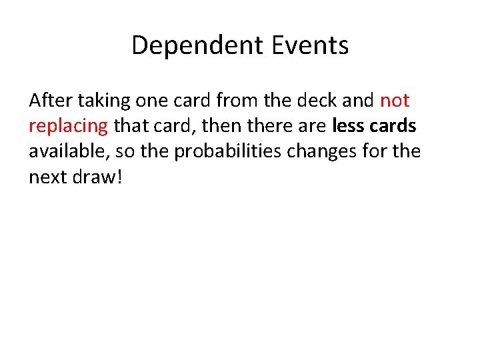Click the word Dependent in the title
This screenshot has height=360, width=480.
tap(198, 45)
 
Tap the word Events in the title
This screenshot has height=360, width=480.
tap(311, 45)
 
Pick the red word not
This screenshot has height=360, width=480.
tap(395, 101)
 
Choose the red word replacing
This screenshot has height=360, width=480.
tap(68, 126)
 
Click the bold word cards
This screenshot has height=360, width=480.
tap(393, 126)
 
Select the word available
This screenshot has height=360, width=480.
tap(69, 151)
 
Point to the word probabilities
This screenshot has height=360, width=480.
tap(229, 151)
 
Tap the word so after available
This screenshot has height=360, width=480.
tap(127, 151)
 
